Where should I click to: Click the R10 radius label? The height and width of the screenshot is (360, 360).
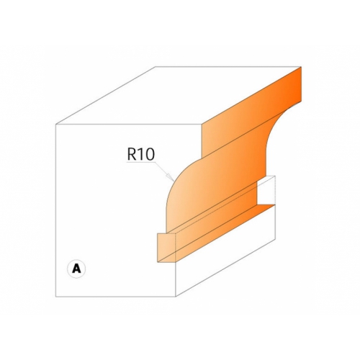[141, 154]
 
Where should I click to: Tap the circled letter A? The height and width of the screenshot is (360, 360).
[76, 269]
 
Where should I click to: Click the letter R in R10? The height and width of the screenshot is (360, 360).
[132, 154]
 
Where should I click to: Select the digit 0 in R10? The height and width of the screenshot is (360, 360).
[150, 154]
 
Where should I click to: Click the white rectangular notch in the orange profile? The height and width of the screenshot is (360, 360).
[266, 190]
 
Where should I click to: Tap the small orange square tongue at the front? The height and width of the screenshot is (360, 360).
[166, 248]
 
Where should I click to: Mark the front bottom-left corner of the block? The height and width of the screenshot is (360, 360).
[56, 297]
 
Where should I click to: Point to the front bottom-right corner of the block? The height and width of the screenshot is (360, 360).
[176, 297]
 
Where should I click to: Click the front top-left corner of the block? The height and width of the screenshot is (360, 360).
[56, 125]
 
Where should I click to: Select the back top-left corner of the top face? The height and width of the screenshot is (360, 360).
[156, 66]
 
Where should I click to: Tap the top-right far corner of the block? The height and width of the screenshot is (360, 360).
[301, 66]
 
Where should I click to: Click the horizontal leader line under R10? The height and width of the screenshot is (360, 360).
[141, 163]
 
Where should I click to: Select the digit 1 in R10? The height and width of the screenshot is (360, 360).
[140, 154]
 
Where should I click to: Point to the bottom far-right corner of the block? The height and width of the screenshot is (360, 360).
[275, 240]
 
